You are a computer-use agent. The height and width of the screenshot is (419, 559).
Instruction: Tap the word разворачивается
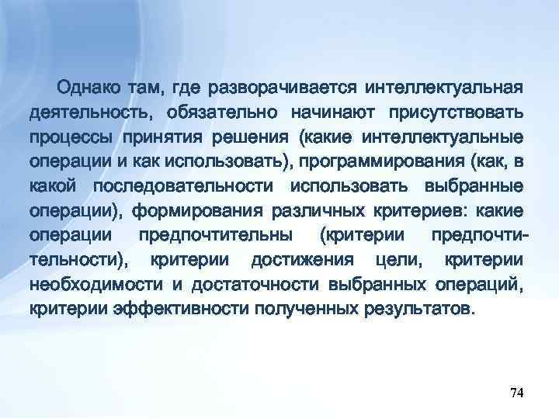tap(273, 85)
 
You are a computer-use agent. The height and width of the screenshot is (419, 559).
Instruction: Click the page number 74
tap(516, 394)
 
